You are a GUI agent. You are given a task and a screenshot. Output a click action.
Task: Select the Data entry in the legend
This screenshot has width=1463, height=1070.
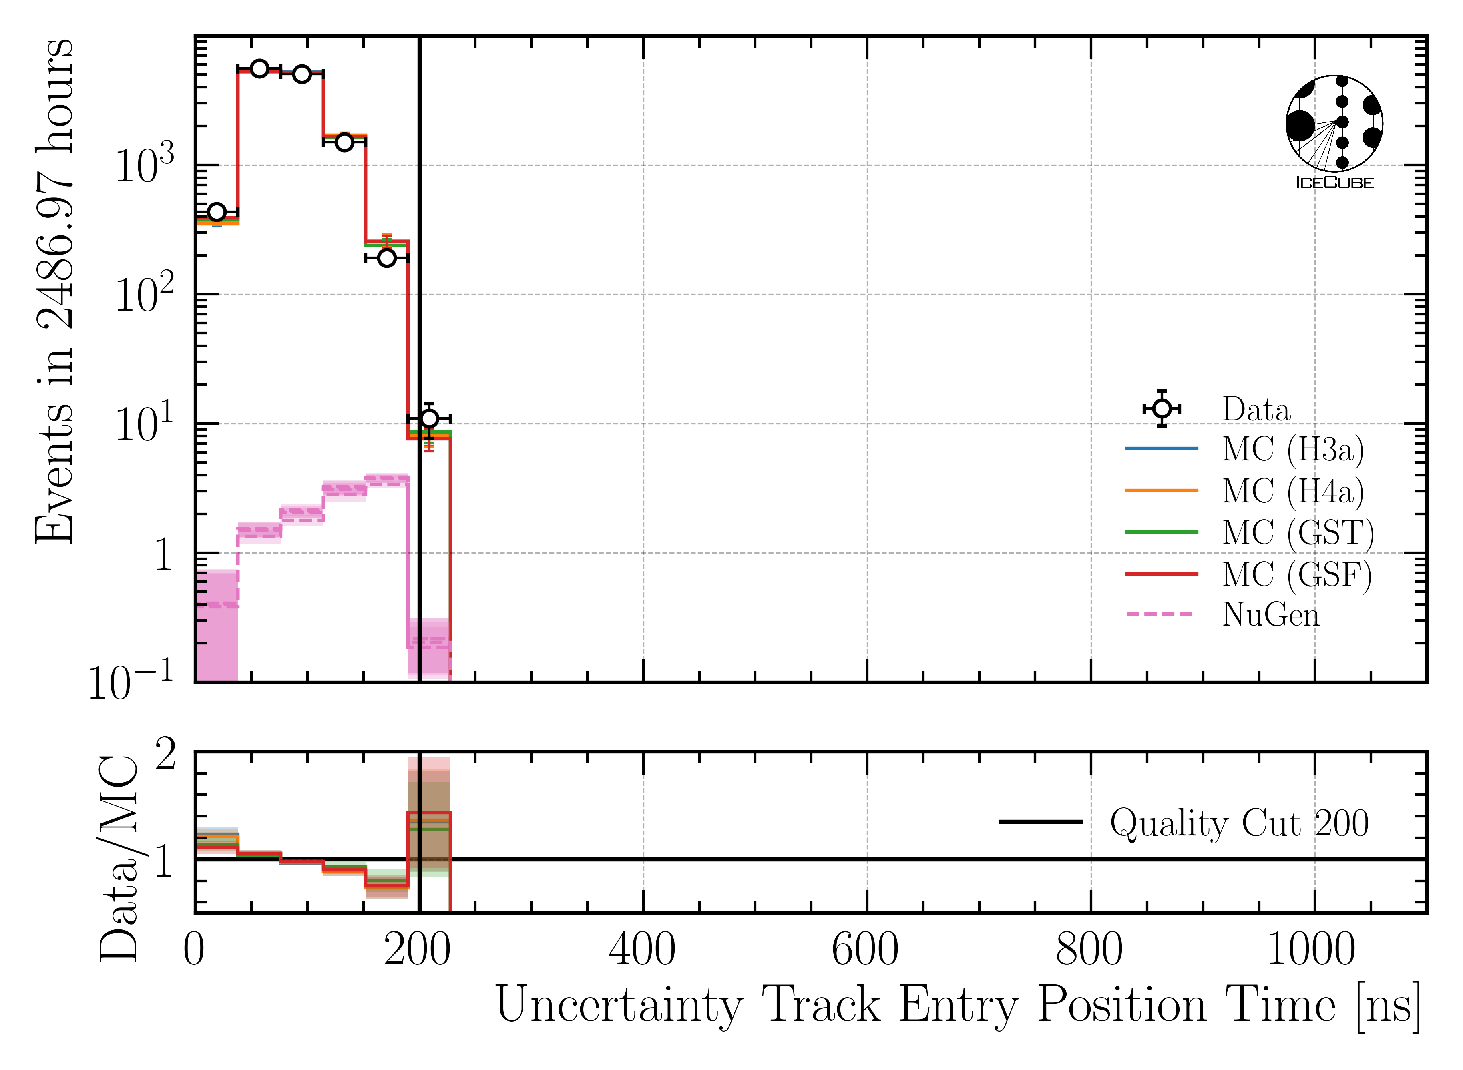pos(1256,410)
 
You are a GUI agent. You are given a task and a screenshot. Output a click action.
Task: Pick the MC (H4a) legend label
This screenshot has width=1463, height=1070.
pos(1292,491)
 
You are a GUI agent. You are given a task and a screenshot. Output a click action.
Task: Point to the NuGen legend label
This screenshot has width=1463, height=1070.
pos(1270,615)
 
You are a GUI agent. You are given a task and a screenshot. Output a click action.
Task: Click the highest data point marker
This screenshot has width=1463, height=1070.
pos(259,69)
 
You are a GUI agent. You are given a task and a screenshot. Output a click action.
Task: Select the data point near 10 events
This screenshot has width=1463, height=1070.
pos(429,418)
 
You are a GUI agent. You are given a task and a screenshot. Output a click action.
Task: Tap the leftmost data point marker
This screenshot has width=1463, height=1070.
pos(216,212)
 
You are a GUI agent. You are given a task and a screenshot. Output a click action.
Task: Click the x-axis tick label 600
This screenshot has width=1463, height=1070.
pos(866,951)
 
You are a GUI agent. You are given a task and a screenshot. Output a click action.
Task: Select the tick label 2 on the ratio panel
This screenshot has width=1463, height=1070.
pos(165,755)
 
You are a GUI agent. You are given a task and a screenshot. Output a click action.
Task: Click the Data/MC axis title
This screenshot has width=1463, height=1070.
pos(119,858)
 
